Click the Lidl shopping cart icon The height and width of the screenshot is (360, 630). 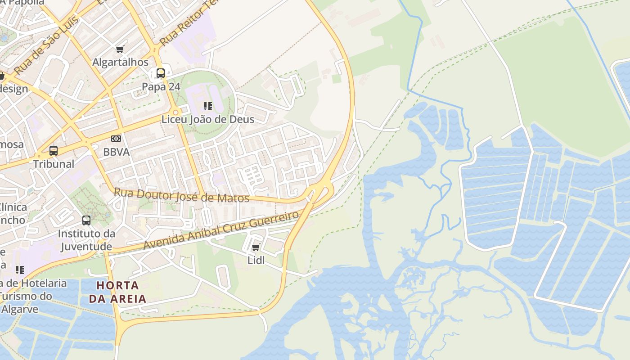click(256, 247)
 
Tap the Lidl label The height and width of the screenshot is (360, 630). click(256, 261)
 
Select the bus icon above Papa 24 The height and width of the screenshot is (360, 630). click(161, 73)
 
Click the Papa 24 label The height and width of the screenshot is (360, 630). click(161, 86)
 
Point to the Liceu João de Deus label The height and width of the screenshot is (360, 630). click(208, 119)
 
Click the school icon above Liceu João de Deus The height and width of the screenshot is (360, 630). click(207, 106)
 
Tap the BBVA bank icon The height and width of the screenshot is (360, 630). click(116, 139)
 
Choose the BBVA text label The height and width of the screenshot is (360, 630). click(116, 152)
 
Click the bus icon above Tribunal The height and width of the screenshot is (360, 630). click(54, 151)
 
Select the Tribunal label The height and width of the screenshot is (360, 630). click(54, 164)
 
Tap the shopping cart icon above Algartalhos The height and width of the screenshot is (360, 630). click(120, 49)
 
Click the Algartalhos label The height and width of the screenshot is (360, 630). click(120, 62)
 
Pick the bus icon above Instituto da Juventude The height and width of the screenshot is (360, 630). click(86, 220)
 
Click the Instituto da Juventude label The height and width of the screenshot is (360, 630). click(86, 240)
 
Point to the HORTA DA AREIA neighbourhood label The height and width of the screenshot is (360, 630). click(117, 292)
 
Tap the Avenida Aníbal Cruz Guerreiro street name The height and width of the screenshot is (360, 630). click(220, 230)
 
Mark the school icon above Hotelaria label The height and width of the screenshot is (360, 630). click(19, 270)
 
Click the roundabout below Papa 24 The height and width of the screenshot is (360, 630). click(176, 112)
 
